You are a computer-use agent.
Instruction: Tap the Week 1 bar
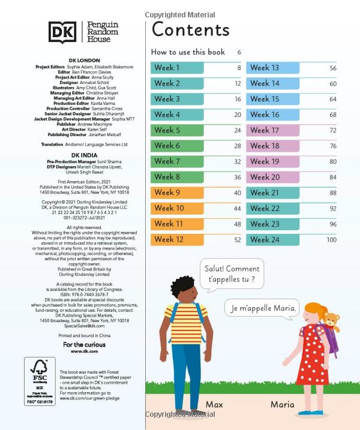pos(185,68)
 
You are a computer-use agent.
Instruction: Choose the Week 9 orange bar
pos(185,193)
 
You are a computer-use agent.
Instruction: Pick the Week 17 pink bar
pos(281,130)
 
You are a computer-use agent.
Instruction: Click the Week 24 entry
pos(281,239)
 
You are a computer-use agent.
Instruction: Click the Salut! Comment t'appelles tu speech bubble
pos(232,274)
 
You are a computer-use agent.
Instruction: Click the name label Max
pos(214,404)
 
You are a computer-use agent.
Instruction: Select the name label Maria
pos(282,404)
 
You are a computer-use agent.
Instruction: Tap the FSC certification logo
pos(38,377)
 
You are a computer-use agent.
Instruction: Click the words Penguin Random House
pos(103,31)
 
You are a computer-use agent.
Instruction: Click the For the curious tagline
pos(84,345)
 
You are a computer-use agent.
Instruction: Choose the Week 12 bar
pos(185,239)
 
